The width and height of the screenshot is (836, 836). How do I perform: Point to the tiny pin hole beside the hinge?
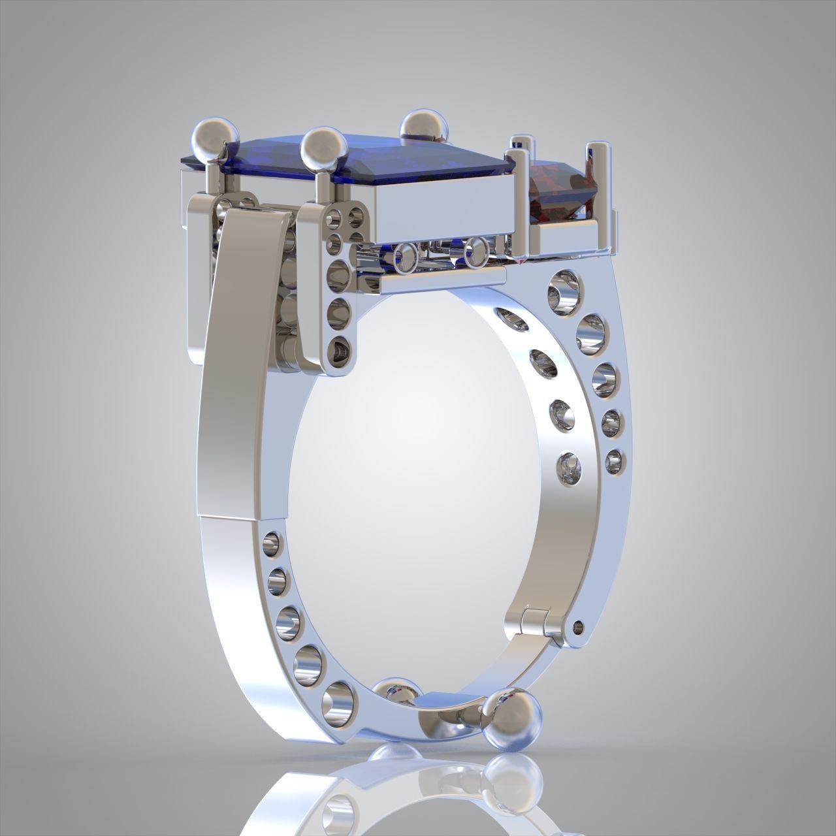577,626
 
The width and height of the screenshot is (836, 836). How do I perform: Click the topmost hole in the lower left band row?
270,541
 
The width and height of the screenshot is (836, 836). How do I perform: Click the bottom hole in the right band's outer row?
615,461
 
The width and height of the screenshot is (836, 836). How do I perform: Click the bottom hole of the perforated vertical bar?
340,350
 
